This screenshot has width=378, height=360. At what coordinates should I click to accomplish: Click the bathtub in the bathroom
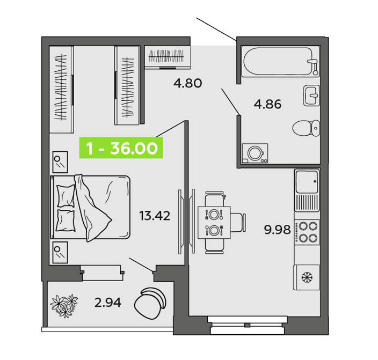coord(281,62)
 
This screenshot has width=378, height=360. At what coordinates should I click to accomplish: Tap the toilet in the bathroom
coord(306,128)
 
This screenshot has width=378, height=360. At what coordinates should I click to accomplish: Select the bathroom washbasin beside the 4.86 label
coord(311,95)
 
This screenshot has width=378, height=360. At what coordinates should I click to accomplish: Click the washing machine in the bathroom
coord(255,153)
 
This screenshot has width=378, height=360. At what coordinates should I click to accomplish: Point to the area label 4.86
coord(267,104)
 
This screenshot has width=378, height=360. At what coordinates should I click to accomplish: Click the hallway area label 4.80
coord(187,83)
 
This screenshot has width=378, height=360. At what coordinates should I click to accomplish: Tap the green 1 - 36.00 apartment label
coord(121,148)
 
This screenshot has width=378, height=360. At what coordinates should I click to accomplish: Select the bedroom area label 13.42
coord(155,216)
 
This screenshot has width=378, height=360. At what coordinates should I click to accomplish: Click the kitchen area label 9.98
coord(277,230)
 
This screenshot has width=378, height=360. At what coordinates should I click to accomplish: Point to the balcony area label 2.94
coord(108,303)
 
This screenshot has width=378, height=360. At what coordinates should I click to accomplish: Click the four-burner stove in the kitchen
coord(307,232)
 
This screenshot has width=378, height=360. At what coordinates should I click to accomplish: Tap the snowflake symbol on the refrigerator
coord(307,277)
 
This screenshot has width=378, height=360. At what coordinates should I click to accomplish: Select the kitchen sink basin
coord(307,181)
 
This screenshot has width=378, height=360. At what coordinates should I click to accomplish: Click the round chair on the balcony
coord(150,303)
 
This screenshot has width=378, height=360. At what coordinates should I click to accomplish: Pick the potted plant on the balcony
coord(64,305)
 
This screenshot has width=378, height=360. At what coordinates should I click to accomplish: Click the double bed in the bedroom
coord(90,208)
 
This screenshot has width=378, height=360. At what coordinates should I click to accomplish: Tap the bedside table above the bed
coord(60,162)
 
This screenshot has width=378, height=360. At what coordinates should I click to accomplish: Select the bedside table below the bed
coord(60,253)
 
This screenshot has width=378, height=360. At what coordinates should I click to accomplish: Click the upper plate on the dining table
coord(214,214)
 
